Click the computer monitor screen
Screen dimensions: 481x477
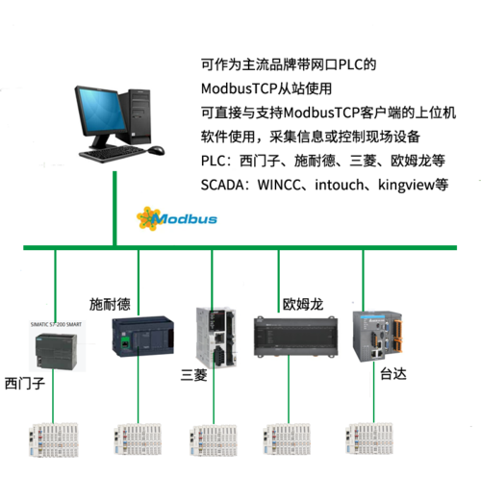102,110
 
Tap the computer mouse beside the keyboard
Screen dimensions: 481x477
156,150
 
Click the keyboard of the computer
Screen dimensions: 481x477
114,154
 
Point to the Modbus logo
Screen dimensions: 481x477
177,218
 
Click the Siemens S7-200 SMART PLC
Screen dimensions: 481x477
56,351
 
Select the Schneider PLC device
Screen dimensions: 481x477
143,337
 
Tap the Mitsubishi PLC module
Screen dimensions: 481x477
216,338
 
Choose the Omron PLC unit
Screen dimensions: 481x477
295,336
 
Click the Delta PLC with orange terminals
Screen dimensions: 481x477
377,337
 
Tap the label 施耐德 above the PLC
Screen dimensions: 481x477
110,304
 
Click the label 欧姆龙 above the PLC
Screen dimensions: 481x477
303,304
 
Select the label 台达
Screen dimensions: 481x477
393,374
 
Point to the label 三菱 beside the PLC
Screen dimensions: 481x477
194,375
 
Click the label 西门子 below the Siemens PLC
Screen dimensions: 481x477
25,384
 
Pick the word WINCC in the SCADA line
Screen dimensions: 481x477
279,186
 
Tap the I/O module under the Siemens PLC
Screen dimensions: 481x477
54,439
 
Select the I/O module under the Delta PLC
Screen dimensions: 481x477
369,439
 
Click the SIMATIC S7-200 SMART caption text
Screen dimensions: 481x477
56,324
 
